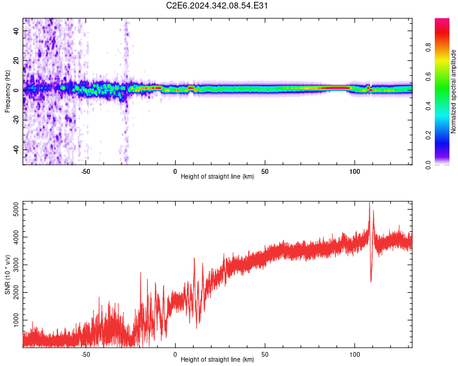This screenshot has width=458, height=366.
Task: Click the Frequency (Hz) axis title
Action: [x=7, y=91]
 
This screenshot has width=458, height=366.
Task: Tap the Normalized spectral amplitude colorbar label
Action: [x=453, y=91]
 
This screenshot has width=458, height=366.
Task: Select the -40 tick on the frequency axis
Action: [x=15, y=149]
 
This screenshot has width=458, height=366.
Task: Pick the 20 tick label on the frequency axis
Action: [x=16, y=60]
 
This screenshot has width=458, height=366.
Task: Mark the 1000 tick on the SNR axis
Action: [x=12, y=320]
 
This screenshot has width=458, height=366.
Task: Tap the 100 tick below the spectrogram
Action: [x=355, y=171]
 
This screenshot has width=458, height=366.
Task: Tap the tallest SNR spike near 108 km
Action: [x=369, y=205]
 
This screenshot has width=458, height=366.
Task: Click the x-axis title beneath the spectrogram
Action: [x=217, y=178]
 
